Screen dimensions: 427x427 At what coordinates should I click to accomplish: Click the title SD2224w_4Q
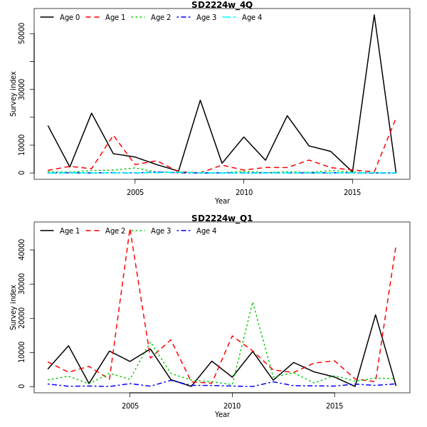tap(221, 5)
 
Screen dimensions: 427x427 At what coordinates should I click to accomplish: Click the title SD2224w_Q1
tap(221, 218)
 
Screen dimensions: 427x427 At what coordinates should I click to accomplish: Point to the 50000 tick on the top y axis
tap(22, 33)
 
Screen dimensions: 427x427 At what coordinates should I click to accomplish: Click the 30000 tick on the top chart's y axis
tap(22, 89)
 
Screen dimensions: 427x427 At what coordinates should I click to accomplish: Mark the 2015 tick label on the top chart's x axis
tap(352, 192)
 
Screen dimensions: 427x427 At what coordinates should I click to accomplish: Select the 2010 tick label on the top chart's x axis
tap(243, 192)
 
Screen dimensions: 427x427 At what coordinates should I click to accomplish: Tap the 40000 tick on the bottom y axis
tap(22, 250)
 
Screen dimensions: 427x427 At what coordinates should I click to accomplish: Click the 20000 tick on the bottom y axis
tap(22, 318)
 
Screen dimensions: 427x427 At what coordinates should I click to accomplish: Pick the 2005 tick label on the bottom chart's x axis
tap(130, 406)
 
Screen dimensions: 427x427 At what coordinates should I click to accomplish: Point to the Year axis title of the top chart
tap(222, 201)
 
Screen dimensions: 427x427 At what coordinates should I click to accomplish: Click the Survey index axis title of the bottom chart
tap(14, 307)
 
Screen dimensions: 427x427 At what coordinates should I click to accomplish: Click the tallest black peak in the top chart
tap(374, 15)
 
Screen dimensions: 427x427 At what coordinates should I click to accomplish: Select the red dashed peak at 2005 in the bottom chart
tap(130, 230)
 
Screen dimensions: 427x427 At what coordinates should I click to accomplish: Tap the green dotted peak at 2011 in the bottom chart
tap(253, 302)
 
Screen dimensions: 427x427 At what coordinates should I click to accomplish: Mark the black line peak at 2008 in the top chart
tap(200, 100)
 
